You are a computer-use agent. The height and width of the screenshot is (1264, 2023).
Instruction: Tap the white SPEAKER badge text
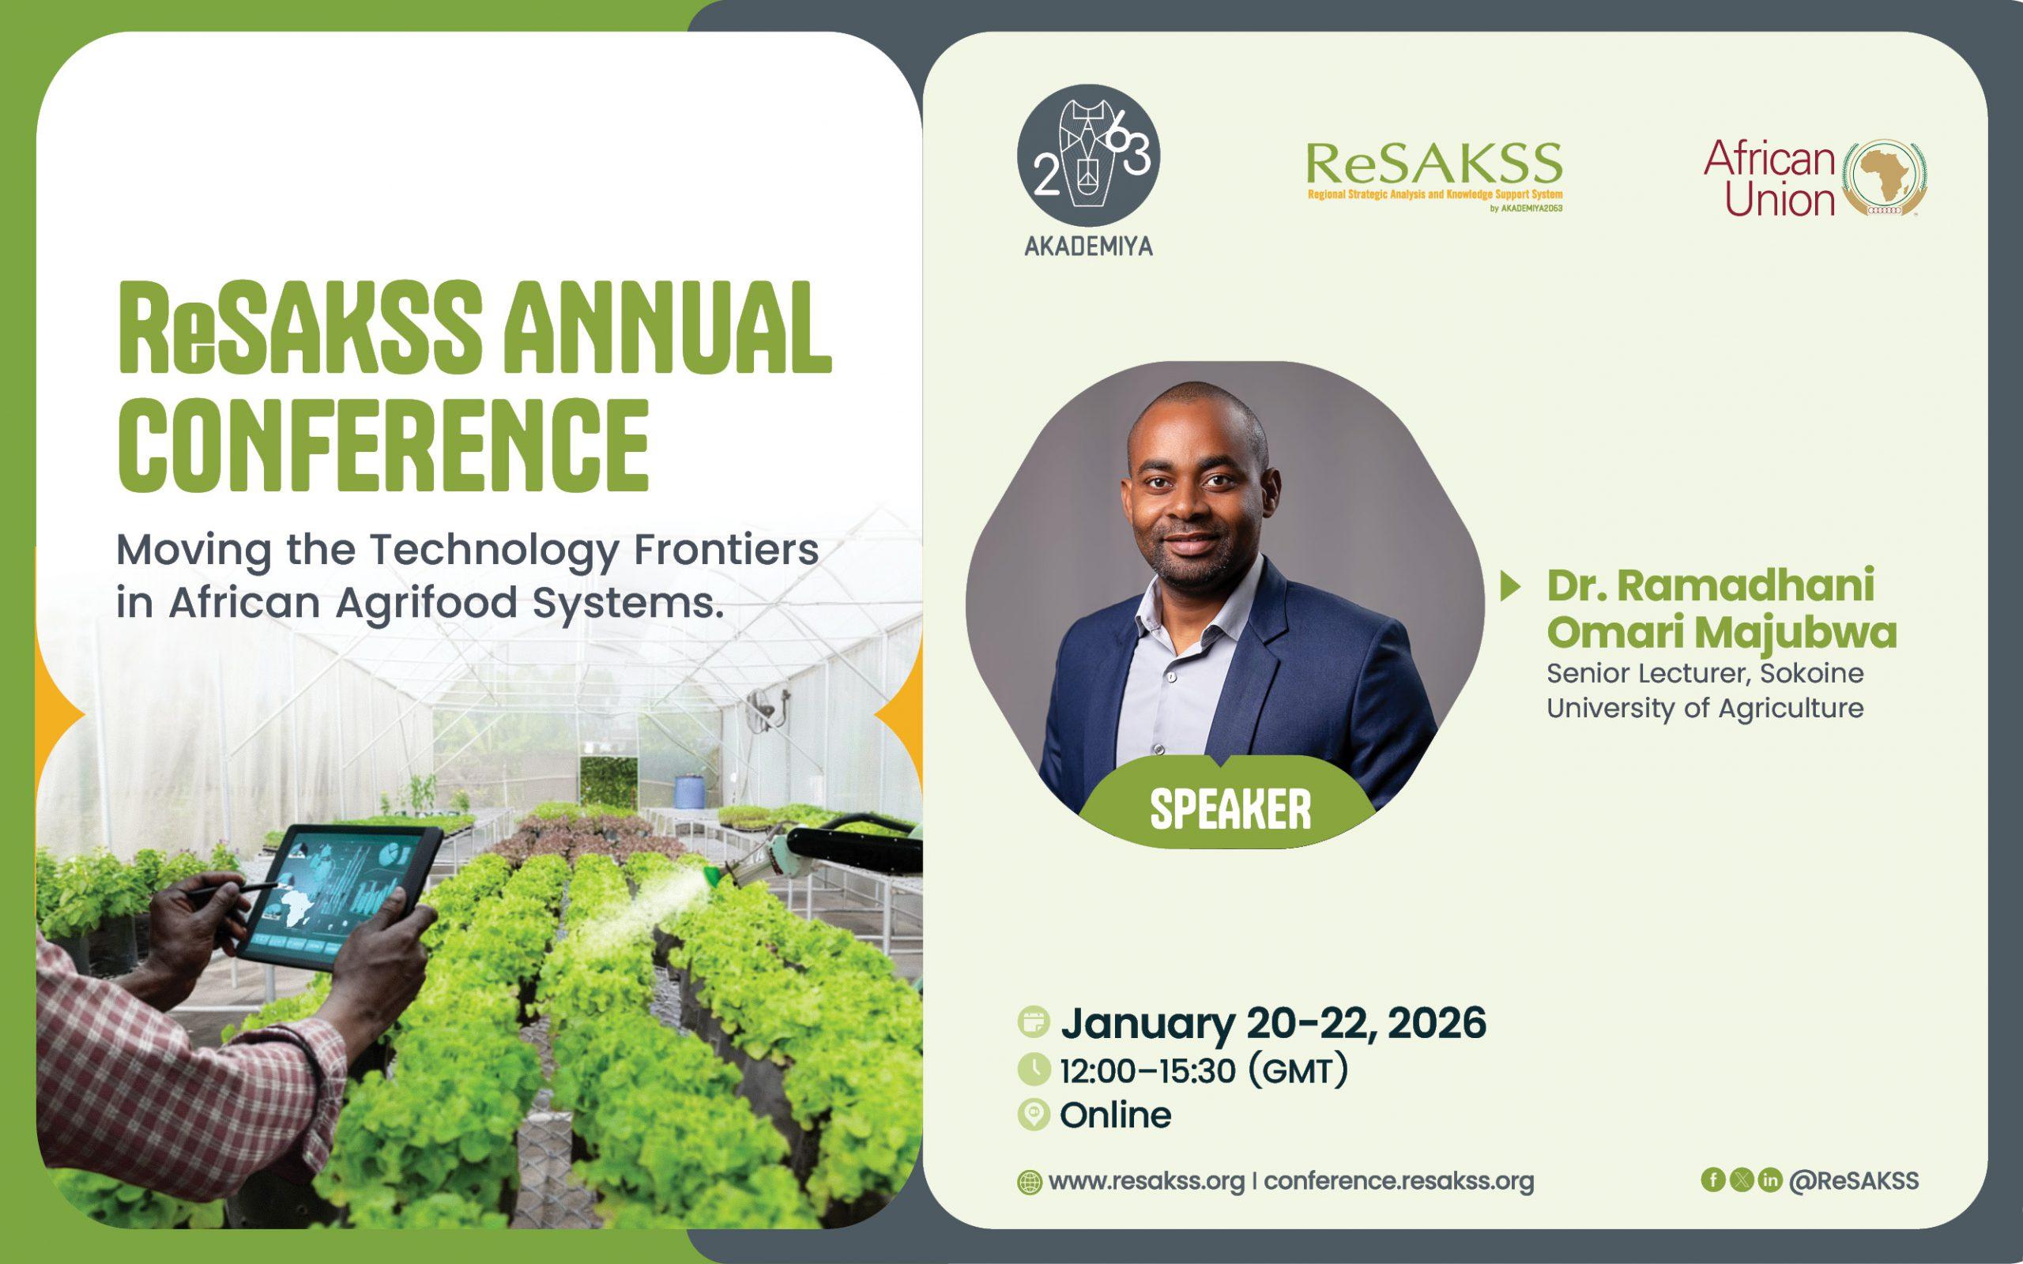pyautogui.click(x=1230, y=808)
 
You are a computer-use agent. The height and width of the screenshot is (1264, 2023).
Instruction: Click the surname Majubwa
pyautogui.click(x=1805, y=633)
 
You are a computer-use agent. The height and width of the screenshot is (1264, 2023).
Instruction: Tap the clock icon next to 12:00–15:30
pyautogui.click(x=1034, y=1070)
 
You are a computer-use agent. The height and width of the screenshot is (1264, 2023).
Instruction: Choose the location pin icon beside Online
pyautogui.click(x=1034, y=1115)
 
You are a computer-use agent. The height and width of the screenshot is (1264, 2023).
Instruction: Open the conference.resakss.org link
pyautogui.click(x=1399, y=1181)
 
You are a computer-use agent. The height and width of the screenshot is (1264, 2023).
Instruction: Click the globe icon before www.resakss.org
pyautogui.click(x=1030, y=1182)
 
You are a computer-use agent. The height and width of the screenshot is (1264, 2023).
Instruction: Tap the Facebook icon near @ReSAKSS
pyautogui.click(x=1713, y=1179)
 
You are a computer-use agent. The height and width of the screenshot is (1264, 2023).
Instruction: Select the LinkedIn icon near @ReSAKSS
pyautogui.click(x=1769, y=1179)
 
